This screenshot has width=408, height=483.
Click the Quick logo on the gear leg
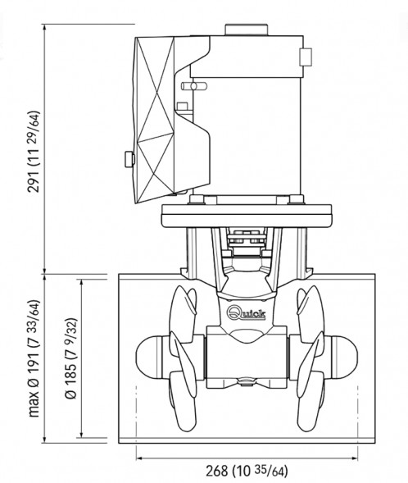[x=246, y=313]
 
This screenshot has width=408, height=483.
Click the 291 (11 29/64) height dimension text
[x=34, y=152]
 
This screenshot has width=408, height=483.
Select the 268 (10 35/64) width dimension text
[x=247, y=471]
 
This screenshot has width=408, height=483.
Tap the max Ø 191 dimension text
[x=34, y=358]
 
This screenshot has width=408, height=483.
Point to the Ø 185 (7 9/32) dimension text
[x=70, y=358]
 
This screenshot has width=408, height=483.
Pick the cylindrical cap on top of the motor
[x=247, y=30]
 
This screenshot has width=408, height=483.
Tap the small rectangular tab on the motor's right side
[x=306, y=57]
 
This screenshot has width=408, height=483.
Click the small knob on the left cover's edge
[x=129, y=159]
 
